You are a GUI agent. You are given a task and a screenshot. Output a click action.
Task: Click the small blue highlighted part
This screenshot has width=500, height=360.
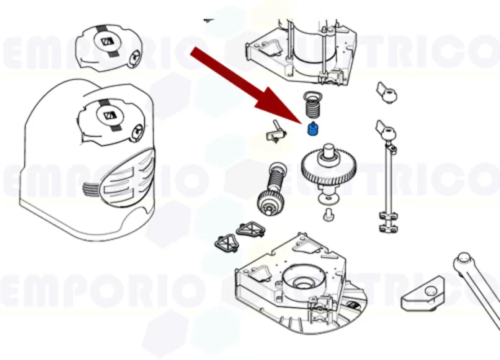tap(313, 130)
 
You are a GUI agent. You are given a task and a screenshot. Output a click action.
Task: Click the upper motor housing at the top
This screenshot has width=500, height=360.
tap(303, 43)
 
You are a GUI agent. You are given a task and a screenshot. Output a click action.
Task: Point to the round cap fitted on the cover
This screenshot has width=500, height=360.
tap(112, 119)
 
